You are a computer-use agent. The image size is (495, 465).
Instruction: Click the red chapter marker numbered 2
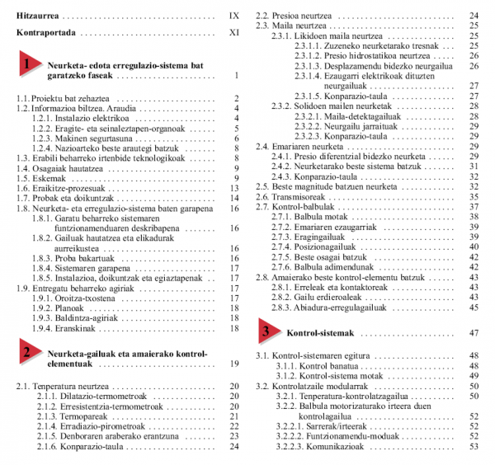tap(29, 354)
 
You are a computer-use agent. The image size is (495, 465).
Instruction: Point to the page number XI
tap(233, 35)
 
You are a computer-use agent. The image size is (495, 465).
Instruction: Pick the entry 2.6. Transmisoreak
tap(291, 197)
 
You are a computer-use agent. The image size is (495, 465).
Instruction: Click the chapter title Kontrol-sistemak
tap(319, 333)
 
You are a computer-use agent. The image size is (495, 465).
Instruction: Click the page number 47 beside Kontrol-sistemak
tap(473, 333)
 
